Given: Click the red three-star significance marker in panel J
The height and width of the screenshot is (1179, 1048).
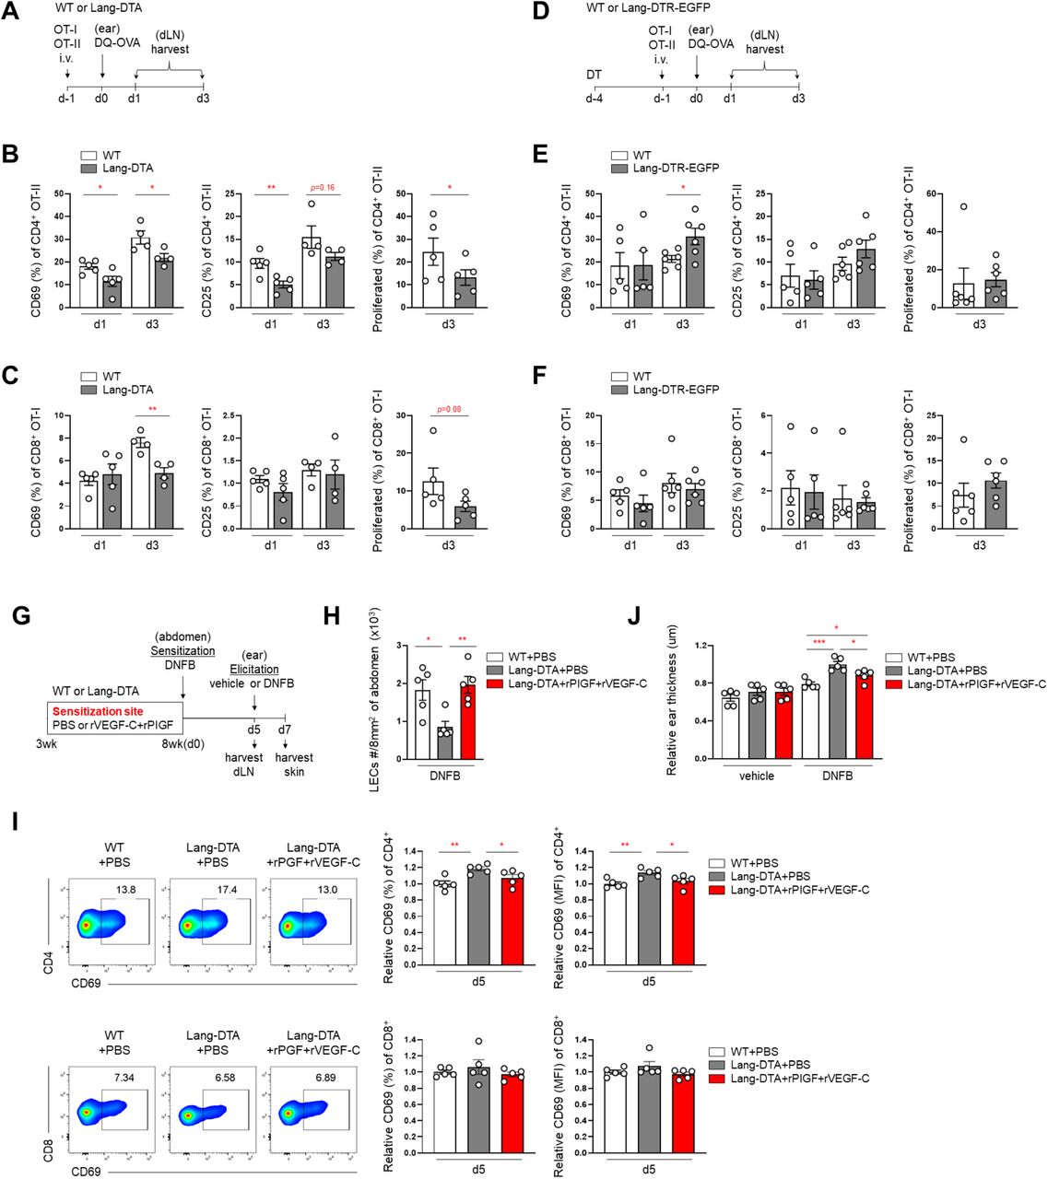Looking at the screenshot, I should click(x=818, y=667).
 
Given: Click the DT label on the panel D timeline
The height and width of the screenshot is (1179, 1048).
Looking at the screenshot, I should click(x=595, y=74).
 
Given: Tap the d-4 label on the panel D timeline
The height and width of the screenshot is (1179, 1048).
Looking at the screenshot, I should click(x=595, y=97).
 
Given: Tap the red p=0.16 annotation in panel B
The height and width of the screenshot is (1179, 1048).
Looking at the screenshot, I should click(x=323, y=187).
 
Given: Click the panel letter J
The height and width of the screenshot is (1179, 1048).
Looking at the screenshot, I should click(x=633, y=616).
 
